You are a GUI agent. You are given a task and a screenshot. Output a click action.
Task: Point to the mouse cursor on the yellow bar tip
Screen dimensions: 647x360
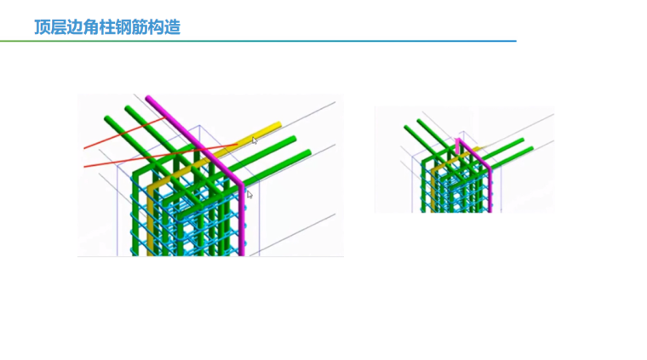click(254, 140)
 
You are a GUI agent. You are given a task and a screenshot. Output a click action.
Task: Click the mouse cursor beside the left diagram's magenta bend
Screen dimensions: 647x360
click(249, 195)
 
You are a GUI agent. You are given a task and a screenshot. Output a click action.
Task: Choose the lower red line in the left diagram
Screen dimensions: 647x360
click(111, 162)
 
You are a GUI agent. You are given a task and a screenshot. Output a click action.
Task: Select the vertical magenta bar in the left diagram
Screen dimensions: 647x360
click(242, 221)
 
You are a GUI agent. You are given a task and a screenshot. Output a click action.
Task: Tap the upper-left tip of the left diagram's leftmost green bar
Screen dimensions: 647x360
click(106, 117)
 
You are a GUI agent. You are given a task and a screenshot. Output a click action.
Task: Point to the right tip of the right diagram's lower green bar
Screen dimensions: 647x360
click(531, 149)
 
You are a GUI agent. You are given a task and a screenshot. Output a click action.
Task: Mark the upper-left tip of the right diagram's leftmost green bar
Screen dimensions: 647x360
click(405, 128)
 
